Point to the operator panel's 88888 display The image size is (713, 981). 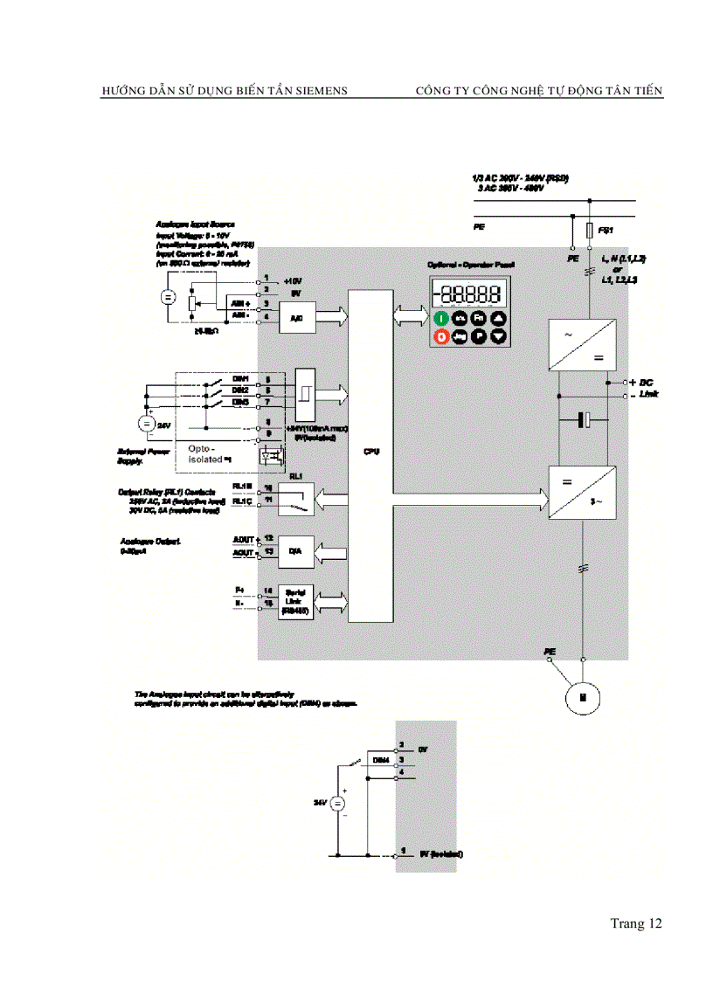point(470,294)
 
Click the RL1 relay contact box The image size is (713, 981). point(295,498)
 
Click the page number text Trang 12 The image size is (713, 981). point(636,923)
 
